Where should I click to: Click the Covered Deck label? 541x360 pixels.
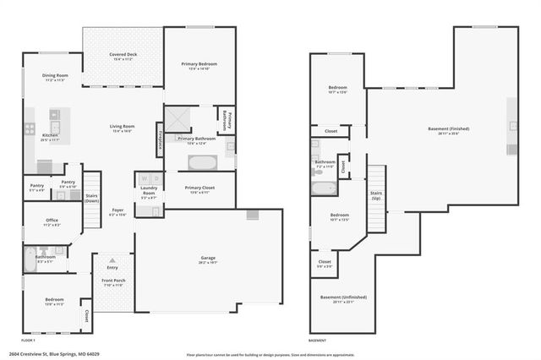click(x=123, y=55)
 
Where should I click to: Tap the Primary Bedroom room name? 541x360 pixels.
click(x=199, y=64)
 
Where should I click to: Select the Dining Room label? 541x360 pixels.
click(x=55, y=76)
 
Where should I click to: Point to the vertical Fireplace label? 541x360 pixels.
click(x=159, y=141)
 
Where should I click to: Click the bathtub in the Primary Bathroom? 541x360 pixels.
click(x=202, y=162)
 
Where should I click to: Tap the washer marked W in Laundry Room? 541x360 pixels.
click(x=143, y=179)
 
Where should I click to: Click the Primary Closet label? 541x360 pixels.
click(x=199, y=188)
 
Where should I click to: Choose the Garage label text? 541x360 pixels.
click(x=208, y=258)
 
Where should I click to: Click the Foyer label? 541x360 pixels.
click(x=117, y=211)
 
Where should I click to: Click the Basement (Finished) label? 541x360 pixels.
click(x=448, y=128)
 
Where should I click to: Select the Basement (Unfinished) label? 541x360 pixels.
click(x=342, y=297)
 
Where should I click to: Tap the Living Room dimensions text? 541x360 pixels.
click(x=123, y=132)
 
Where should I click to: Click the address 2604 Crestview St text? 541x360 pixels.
click(x=51, y=354)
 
